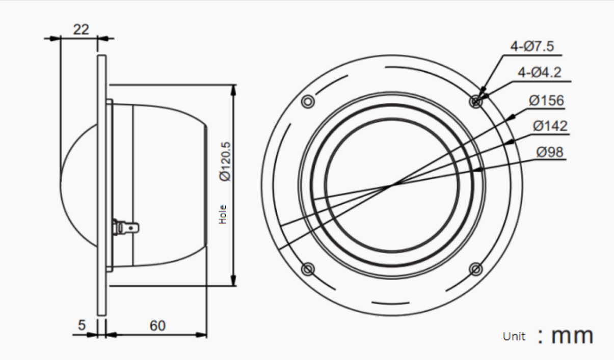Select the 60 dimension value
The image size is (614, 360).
pyautogui.click(x=157, y=325)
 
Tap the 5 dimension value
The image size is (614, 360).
pyautogui.click(x=82, y=325)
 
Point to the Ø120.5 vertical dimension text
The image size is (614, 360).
pyautogui.click(x=225, y=161)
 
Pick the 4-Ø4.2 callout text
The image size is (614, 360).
pyautogui.click(x=539, y=73)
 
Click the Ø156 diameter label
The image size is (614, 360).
pyautogui.click(x=546, y=100)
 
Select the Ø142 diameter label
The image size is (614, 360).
pyautogui.click(x=550, y=126)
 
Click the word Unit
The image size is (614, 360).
pyautogui.click(x=513, y=337)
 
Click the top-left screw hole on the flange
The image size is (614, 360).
pyautogui.click(x=308, y=102)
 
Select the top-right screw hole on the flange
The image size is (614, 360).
pyautogui.click(x=476, y=101)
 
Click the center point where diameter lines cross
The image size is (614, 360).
pyautogui.click(x=391, y=186)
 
